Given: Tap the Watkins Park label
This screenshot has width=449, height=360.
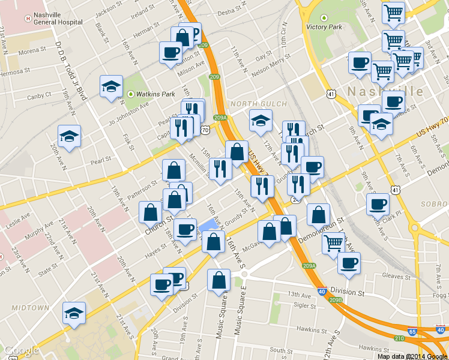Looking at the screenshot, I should [155, 94].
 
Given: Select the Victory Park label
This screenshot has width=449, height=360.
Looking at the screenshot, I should [324, 27].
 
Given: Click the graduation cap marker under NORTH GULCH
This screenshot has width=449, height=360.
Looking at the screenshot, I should [261, 121].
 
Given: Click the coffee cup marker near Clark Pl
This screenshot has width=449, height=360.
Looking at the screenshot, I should [378, 204].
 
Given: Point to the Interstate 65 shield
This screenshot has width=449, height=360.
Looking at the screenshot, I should [412, 331].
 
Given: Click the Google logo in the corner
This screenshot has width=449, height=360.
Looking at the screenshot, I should [21, 350].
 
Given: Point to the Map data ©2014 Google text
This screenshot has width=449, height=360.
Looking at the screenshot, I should [412, 356].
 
